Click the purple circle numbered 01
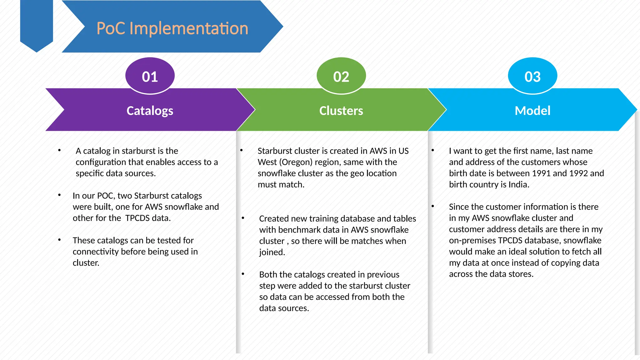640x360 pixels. click(x=150, y=76)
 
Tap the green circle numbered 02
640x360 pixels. click(x=341, y=76)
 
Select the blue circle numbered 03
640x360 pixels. click(x=532, y=76)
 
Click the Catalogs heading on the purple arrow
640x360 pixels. click(x=150, y=111)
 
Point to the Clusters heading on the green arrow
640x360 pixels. click(x=341, y=111)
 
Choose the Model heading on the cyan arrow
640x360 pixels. click(x=532, y=111)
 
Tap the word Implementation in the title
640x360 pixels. click(x=189, y=28)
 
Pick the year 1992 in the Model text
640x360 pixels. click(x=578, y=173)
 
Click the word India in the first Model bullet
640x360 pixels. click(x=518, y=185)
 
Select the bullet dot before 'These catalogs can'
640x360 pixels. click(x=59, y=240)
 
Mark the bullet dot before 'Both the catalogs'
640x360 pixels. click(x=243, y=274)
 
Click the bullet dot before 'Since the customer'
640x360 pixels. click(x=433, y=206)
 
